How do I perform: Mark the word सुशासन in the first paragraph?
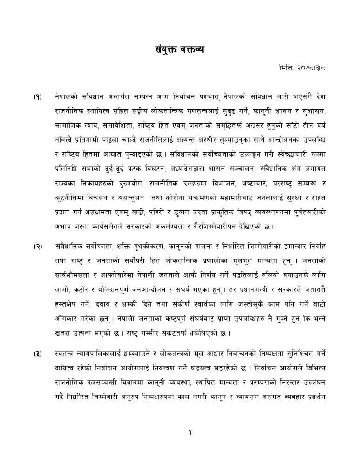tap(314, 111)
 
